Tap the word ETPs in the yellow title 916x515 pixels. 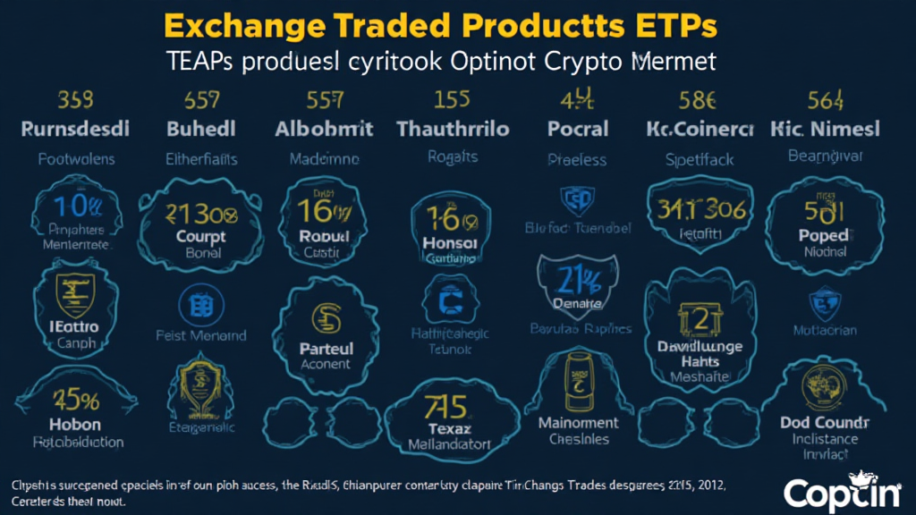pyautogui.click(x=668, y=26)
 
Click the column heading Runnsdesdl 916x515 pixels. pyautogui.click(x=75, y=129)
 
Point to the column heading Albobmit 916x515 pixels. pyautogui.click(x=325, y=129)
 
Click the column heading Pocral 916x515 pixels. pyautogui.click(x=578, y=129)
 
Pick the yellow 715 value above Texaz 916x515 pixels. pyautogui.click(x=445, y=408)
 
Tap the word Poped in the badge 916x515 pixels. pyautogui.click(x=824, y=235)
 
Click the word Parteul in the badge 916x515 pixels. pyautogui.click(x=327, y=348)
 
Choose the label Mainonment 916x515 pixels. pyautogui.click(x=578, y=422)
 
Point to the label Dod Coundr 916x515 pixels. pyautogui.click(x=825, y=422)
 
